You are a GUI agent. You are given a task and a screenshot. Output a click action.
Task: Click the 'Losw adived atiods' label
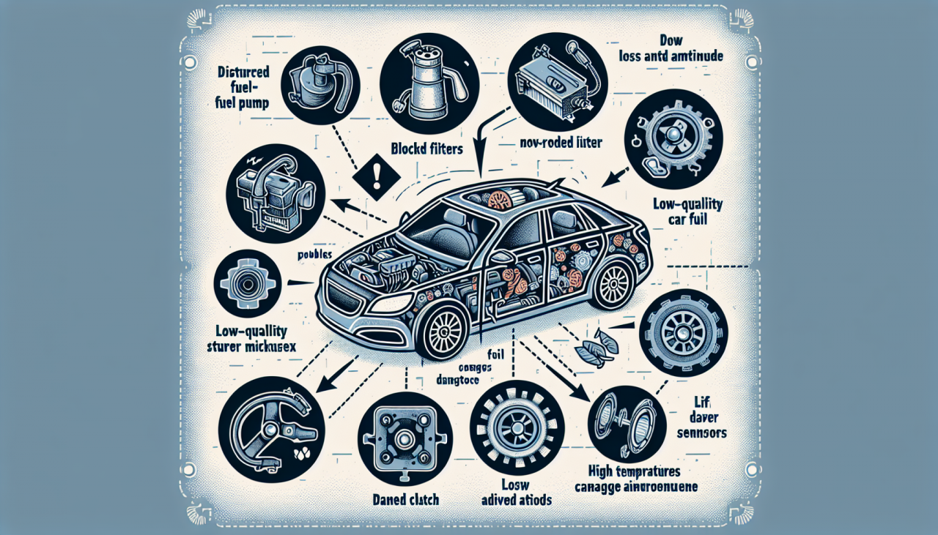click(x=517, y=493)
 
